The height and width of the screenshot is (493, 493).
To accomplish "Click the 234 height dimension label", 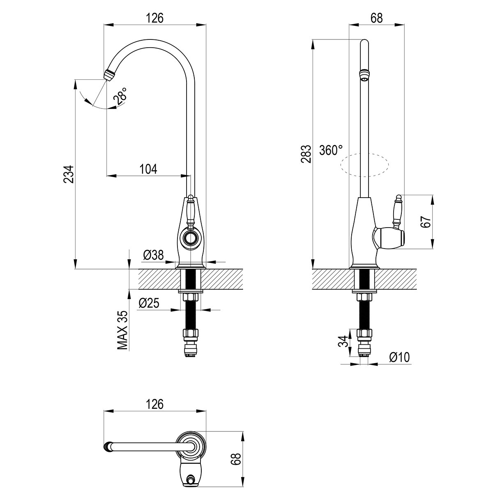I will click(x=69, y=174).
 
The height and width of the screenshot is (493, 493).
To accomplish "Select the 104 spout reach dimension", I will click(x=148, y=168).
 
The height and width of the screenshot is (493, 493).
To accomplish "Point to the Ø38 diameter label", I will click(x=153, y=256).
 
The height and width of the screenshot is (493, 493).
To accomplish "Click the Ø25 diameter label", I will click(x=149, y=303).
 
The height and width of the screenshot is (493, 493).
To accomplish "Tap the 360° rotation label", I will click(x=331, y=150).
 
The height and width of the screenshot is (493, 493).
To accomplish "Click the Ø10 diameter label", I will click(x=399, y=357).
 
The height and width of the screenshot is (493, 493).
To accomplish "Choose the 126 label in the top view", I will click(x=155, y=404).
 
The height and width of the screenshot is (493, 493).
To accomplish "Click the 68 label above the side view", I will click(x=376, y=18).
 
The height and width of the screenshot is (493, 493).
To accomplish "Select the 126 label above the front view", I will click(x=155, y=18).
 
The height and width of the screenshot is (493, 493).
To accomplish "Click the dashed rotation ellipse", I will click(x=364, y=165).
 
